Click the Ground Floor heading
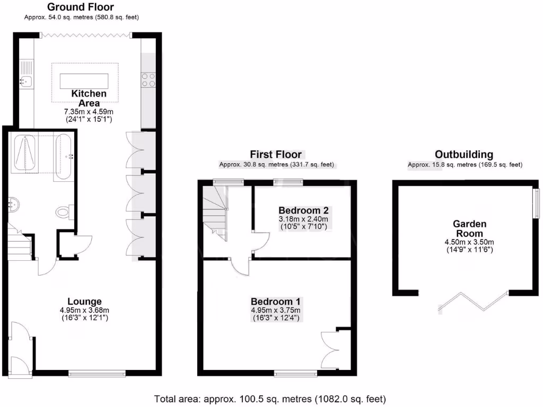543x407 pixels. pyautogui.click(x=81, y=7)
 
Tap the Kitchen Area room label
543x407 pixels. pyautogui.click(x=89, y=98)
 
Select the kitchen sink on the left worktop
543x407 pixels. pyautogui.click(x=25, y=81)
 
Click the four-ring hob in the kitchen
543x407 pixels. pyautogui.click(x=148, y=79)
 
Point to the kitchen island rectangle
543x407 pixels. pyautogui.click(x=85, y=81)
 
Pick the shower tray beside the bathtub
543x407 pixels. pyautogui.click(x=25, y=154)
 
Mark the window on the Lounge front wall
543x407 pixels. pyautogui.click(x=97, y=373)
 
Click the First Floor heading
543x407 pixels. pyautogui.click(x=276, y=154)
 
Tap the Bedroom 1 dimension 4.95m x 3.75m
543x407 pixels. pyautogui.click(x=276, y=310)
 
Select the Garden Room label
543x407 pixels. pyautogui.click(x=469, y=228)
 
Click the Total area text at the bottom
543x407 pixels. pyautogui.click(x=270, y=398)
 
